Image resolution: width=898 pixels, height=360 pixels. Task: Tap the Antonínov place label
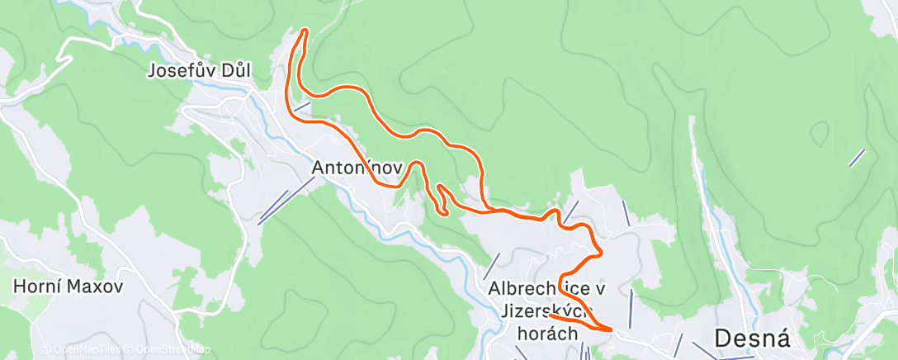coord(357,168)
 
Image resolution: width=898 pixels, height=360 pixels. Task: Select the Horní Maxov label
coord(68,287)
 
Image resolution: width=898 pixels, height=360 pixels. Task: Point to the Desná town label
coord(752,338)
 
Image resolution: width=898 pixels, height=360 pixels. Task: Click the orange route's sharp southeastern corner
coord(612,329)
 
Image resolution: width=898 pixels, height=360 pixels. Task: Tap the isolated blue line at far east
coord(857,158)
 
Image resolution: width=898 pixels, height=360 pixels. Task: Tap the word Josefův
coord(181,71)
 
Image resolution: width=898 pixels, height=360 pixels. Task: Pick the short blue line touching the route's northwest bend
coord(301,107)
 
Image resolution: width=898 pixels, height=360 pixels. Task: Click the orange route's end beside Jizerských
coord(550,315)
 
